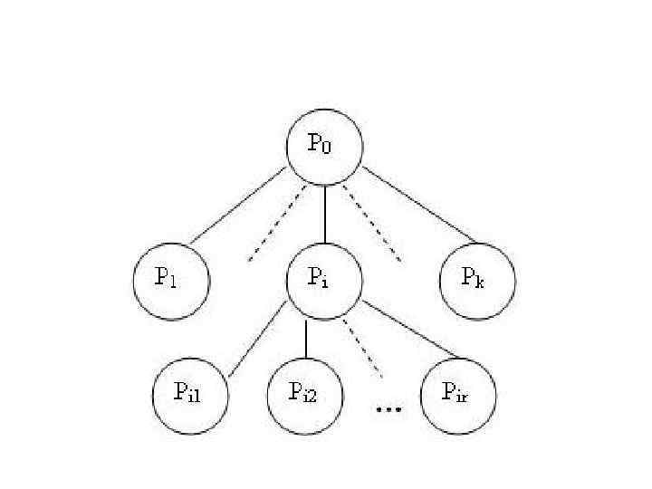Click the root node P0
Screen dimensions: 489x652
[x=324, y=148]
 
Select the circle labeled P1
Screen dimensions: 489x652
[x=171, y=280]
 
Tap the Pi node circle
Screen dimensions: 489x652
[x=324, y=280]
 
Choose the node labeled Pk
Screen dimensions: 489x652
[x=477, y=280]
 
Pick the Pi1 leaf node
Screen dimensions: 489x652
[x=190, y=395]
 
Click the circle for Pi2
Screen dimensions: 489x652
[x=306, y=395]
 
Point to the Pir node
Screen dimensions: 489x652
[x=459, y=395]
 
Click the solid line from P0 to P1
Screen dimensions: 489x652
[x=239, y=206]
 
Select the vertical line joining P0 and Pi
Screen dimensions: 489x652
[x=324, y=214]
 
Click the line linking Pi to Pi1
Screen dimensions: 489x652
[x=257, y=340]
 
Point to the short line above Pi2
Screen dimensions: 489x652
[x=306, y=339]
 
